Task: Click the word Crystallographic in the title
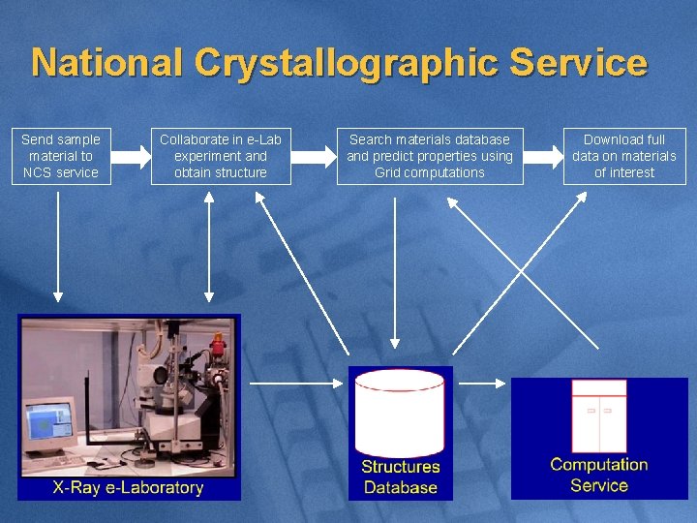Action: (x=347, y=63)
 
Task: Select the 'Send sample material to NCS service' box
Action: (x=61, y=156)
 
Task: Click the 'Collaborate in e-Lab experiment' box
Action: (x=221, y=156)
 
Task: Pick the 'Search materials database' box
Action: (x=430, y=156)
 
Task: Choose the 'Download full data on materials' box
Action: (x=624, y=156)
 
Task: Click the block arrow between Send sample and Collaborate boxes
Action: (x=131, y=155)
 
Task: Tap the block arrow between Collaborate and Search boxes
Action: (x=312, y=155)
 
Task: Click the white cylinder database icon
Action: (x=400, y=412)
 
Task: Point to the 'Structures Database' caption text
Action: (x=400, y=477)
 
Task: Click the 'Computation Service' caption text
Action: (x=599, y=475)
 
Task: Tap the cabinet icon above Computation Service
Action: (x=599, y=415)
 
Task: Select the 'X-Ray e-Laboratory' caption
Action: (x=128, y=487)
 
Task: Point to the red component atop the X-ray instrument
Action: (x=218, y=343)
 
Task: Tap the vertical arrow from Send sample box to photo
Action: (x=58, y=247)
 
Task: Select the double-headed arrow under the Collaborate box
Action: (x=209, y=247)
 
